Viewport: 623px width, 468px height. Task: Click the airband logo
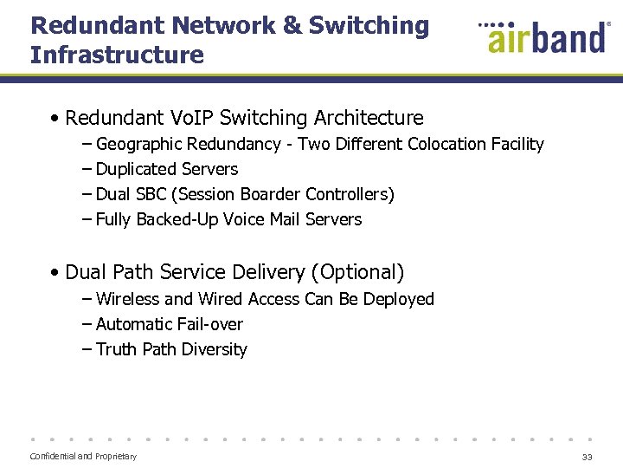click(x=544, y=37)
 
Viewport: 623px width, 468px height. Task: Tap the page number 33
click(x=588, y=457)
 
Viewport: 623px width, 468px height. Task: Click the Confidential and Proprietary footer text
click(x=83, y=456)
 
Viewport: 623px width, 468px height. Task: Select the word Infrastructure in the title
click(x=117, y=55)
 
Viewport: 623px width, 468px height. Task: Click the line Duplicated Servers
click(x=166, y=169)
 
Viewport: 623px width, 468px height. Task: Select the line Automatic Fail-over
click(x=169, y=324)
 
